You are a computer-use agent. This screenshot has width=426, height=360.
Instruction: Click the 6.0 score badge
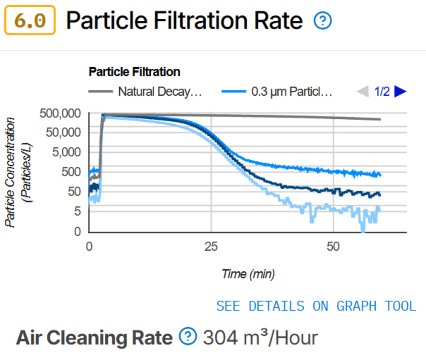pyautogui.click(x=30, y=20)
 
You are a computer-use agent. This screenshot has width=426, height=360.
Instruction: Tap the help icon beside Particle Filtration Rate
pyautogui.click(x=322, y=20)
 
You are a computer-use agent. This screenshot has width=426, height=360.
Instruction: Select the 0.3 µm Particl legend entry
pyautogui.click(x=277, y=91)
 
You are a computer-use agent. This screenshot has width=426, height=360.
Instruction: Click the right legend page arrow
pyautogui.click(x=400, y=91)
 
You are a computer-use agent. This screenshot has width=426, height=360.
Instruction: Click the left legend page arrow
pyautogui.click(x=363, y=91)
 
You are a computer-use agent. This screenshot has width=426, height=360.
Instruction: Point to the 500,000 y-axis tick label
pyautogui.click(x=60, y=114)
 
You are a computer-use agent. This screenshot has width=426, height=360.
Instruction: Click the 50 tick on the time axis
pyautogui.click(x=334, y=246)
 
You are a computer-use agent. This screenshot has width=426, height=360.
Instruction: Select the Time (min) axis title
pyautogui.click(x=248, y=274)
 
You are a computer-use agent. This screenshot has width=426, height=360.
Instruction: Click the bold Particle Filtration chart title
pyautogui.click(x=134, y=72)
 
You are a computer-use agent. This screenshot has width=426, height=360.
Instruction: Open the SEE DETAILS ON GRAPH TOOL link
pyautogui.click(x=316, y=306)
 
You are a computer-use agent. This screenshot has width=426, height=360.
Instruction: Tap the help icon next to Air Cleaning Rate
pyautogui.click(x=188, y=337)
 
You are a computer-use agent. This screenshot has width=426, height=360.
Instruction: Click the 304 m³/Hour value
pyautogui.click(x=260, y=338)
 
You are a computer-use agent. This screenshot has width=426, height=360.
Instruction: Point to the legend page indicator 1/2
pyautogui.click(x=382, y=91)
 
